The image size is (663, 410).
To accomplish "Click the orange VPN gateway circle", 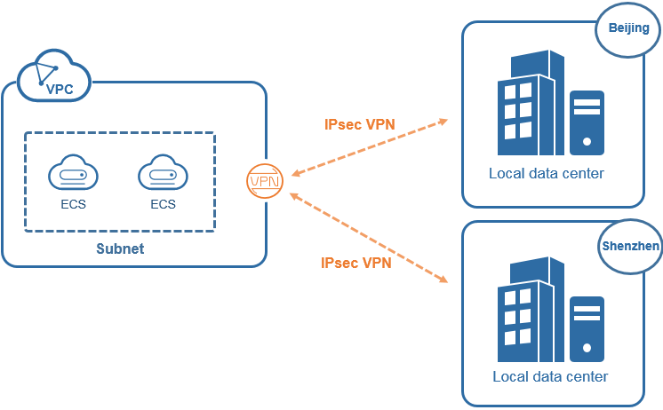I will pos(265,181).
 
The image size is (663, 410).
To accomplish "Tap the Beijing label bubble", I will pos(628,30).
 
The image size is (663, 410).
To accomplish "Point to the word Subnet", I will pos(120,248).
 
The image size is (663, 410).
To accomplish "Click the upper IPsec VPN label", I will pos(359,124).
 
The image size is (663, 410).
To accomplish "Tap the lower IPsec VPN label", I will pos(355,263).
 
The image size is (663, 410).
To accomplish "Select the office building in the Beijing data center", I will pos(531,103).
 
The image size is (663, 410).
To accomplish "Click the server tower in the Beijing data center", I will pos(587,122).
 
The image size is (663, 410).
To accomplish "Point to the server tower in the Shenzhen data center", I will pos(587,327).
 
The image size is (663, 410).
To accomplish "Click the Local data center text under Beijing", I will pos(546,173).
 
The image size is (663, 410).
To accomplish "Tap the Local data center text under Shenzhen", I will pos(550,376).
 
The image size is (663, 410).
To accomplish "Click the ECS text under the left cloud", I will pos(75,204).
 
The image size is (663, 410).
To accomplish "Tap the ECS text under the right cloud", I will pos(164,204).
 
